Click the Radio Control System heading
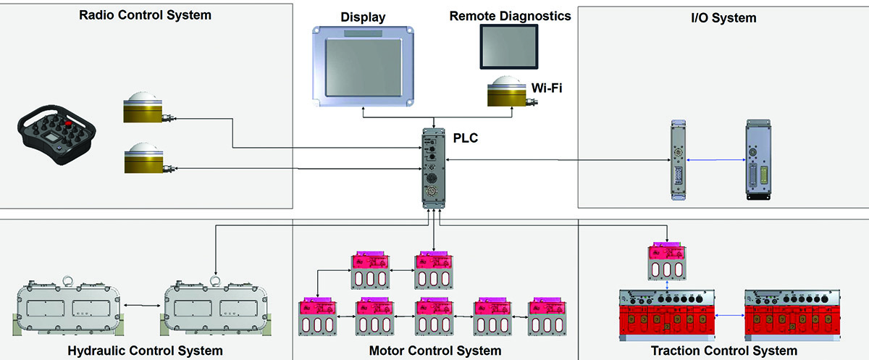pos(145,14)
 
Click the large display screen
pos(362,64)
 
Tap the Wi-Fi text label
pos(548,88)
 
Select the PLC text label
pos(465,137)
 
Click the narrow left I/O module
pos(677,160)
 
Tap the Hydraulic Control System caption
pos(145,351)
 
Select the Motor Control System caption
pos(434,351)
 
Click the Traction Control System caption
pos(723,351)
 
